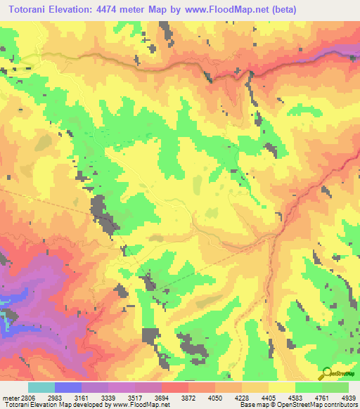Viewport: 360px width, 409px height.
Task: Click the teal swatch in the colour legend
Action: (x=41, y=387)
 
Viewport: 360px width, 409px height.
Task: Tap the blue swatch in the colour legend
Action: (x=68, y=387)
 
